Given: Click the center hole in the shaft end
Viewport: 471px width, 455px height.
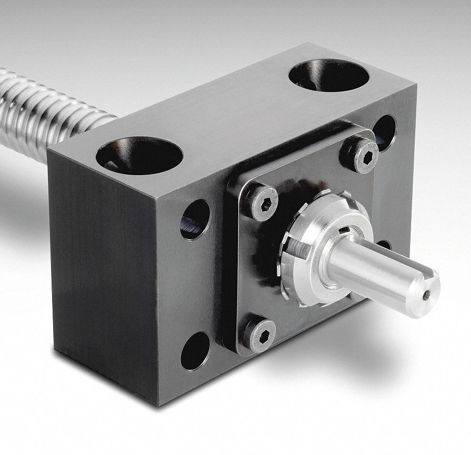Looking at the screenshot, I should [x=427, y=295].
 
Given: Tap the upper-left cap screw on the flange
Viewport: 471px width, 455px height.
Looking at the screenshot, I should [x=263, y=202].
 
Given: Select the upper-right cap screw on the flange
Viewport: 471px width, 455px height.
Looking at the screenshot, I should [x=359, y=156].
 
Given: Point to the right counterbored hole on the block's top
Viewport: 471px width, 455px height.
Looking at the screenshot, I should [x=329, y=75].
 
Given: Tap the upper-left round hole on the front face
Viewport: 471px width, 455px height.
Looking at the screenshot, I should [x=195, y=219].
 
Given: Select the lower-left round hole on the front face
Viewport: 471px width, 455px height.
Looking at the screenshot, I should [x=195, y=350].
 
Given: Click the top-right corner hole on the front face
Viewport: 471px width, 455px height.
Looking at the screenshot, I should [x=384, y=130].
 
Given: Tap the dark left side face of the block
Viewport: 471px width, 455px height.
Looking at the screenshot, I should [x=100, y=274].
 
